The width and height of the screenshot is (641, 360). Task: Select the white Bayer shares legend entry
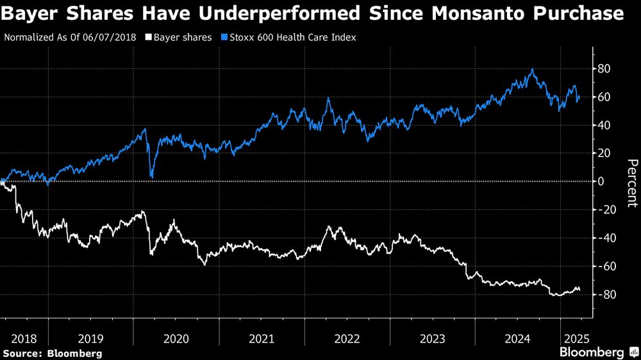pos(182,37)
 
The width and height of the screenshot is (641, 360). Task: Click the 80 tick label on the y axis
pos(604,69)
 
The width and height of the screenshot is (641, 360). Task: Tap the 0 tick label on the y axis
pos(601,181)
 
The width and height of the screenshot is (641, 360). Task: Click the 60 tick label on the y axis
pos(604,97)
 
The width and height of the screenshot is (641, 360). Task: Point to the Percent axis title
pos(631,183)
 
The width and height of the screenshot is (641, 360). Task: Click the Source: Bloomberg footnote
pos(53,353)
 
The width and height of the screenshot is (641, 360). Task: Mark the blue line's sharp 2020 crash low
pos(151,176)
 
